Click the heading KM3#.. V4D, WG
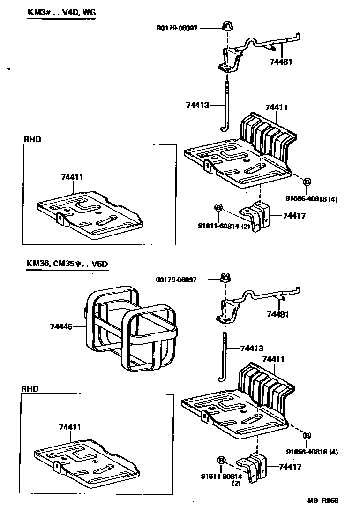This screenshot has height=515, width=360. click(61, 13)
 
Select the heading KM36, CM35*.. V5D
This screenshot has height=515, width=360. click(67, 264)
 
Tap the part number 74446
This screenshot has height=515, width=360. click(61, 326)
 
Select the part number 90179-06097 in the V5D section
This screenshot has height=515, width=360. click(177, 280)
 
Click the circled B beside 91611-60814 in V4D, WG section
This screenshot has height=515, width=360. click(218, 207)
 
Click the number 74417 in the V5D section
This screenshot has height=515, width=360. click(290, 467)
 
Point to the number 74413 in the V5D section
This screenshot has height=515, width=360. click(252, 348)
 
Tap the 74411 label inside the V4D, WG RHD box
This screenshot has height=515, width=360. click(72, 177)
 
